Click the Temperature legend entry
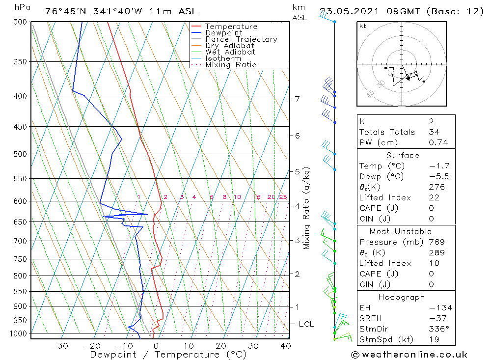(231, 27)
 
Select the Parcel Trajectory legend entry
(241, 39)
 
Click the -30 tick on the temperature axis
(60, 345)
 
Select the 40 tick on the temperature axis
(285, 345)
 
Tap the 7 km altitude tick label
(297, 99)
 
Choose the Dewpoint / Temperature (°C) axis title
(168, 354)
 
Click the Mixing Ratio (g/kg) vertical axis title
(307, 208)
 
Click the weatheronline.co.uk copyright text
(409, 355)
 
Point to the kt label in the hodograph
(363, 26)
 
